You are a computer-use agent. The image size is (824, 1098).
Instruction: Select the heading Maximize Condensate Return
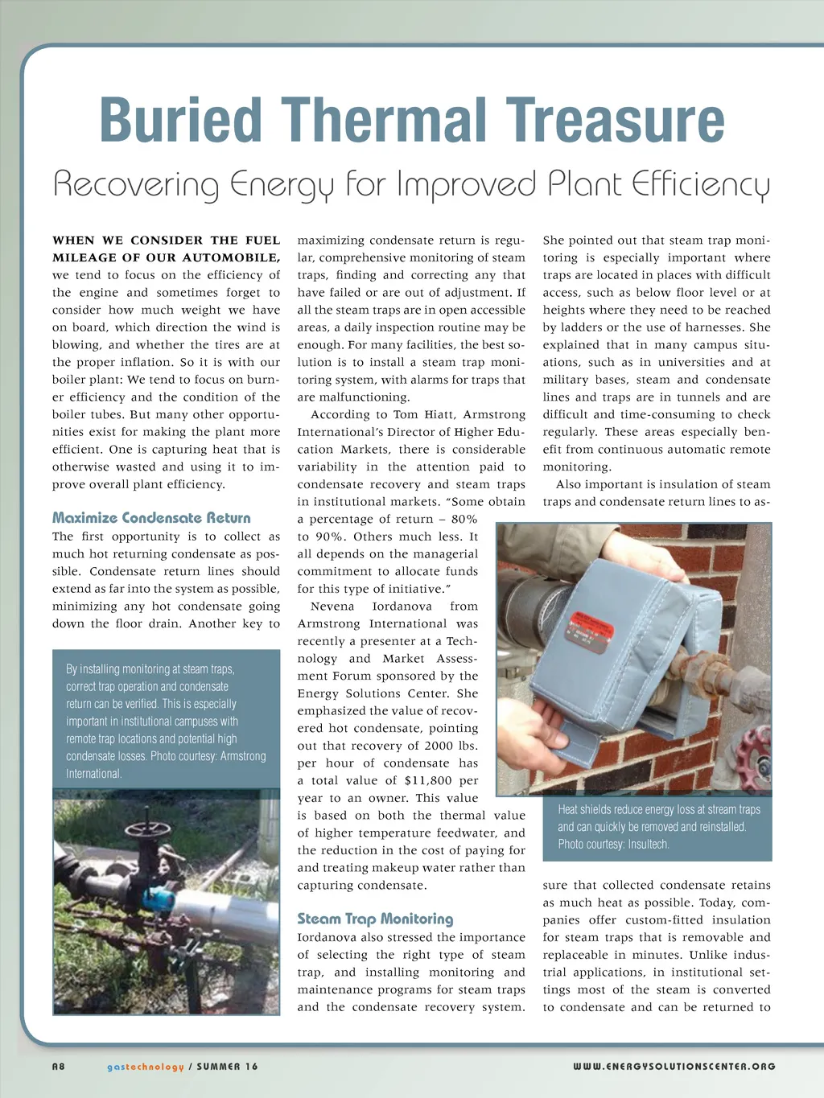click(151, 518)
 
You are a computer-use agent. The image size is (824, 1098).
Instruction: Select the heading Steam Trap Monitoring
click(375, 919)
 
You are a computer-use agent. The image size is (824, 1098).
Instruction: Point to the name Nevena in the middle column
click(332, 607)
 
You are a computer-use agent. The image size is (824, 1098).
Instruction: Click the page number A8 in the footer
click(59, 1067)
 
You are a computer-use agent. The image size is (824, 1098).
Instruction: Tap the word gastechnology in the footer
click(146, 1067)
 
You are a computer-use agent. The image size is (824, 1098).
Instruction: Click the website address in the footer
click(674, 1067)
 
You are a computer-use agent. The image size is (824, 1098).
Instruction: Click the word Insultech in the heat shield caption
click(648, 844)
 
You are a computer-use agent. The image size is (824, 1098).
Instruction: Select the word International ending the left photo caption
click(93, 774)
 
